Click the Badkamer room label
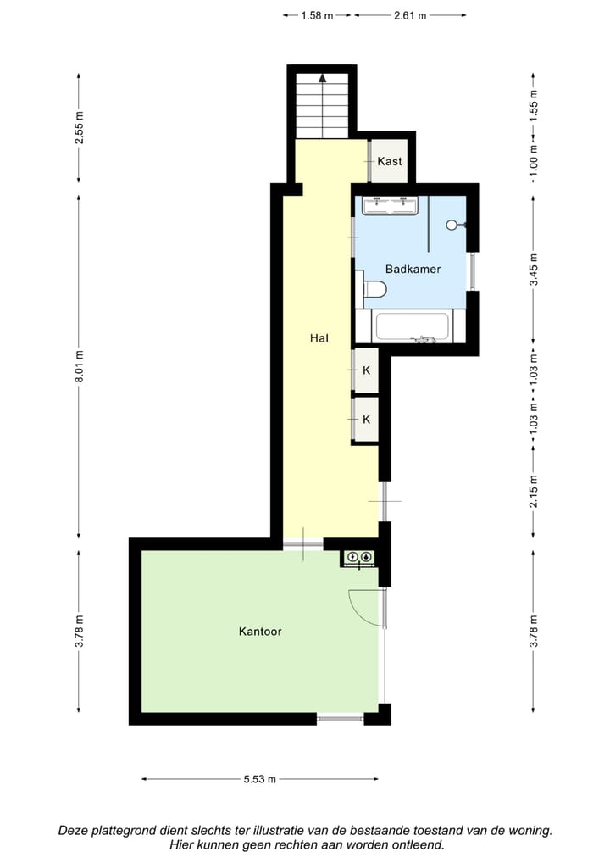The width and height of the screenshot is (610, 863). (x=413, y=269)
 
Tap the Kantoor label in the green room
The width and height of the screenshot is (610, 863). (x=259, y=632)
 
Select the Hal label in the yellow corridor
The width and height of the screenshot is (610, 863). (x=319, y=337)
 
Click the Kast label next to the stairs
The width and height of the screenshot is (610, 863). (x=390, y=161)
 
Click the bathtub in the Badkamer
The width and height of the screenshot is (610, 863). (x=412, y=326)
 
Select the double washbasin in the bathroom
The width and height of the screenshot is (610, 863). (x=390, y=205)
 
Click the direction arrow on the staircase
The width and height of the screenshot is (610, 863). (x=322, y=78)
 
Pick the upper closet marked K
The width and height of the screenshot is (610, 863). (x=366, y=370)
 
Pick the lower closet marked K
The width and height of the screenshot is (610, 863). (x=366, y=419)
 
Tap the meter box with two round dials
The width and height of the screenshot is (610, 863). (x=358, y=557)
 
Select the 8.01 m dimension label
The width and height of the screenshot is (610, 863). (x=79, y=367)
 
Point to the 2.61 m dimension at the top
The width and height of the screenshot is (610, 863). (x=410, y=15)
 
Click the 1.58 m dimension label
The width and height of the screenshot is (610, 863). (x=317, y=15)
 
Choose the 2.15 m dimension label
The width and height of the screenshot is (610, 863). (x=534, y=492)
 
